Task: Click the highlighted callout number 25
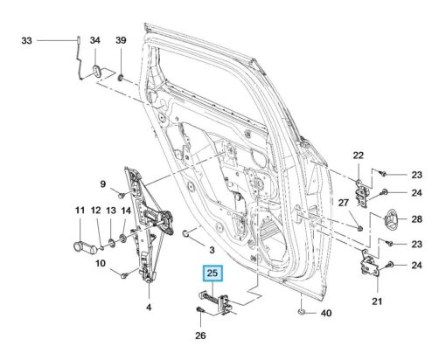[x=213, y=273]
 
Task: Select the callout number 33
[x=26, y=40]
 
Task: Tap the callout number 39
[x=121, y=40]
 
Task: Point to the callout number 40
[x=326, y=313]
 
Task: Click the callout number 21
[x=377, y=301]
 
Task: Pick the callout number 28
[x=417, y=218]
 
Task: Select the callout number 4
[x=149, y=307]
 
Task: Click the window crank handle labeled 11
[x=85, y=248]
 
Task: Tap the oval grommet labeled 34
[x=96, y=71]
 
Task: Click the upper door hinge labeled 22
[x=362, y=193]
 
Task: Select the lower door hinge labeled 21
[x=370, y=263]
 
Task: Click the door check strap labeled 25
[x=215, y=302]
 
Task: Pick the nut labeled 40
[x=302, y=313]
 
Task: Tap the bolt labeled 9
[x=122, y=195]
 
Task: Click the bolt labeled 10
[x=124, y=274]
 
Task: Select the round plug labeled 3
[x=185, y=233]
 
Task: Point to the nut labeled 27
[x=359, y=228]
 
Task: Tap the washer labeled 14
[x=123, y=239]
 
